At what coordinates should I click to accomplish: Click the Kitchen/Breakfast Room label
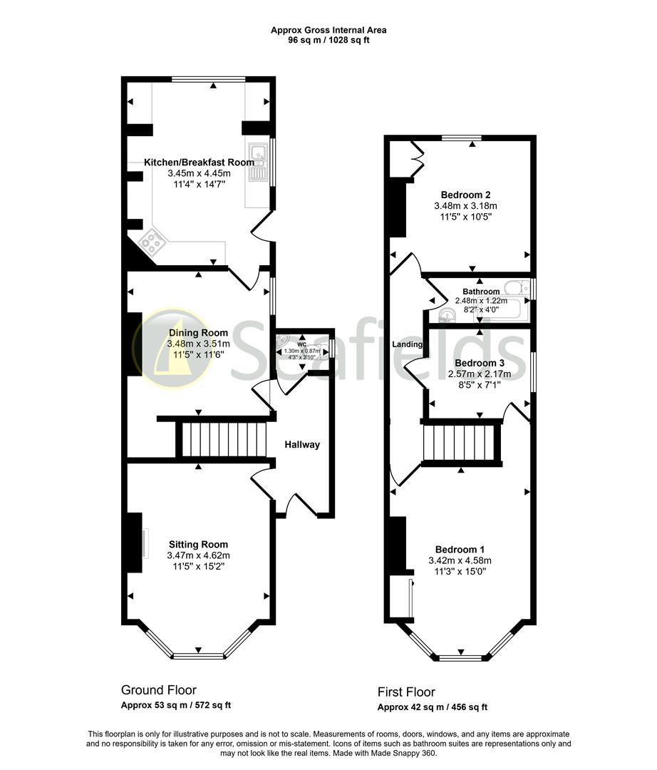pos(199,163)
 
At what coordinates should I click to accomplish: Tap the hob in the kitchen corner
pos(152,242)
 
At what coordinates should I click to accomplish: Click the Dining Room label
pos(198,333)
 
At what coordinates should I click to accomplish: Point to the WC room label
pos(302,344)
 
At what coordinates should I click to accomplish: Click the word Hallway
pos(302,445)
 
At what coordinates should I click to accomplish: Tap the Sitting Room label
pos(198,544)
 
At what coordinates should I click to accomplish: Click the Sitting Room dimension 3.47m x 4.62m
pos(198,555)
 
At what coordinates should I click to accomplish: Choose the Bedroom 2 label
pos(465,195)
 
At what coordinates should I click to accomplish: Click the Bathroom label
pos(481,292)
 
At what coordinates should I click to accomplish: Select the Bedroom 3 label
pos(475,363)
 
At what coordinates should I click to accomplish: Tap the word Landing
pos(408,345)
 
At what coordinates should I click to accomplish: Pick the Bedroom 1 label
pos(460,550)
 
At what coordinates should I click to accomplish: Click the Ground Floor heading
pos(159,690)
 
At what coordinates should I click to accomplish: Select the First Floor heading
pos(406,692)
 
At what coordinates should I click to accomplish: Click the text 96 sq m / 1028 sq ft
pos(328,41)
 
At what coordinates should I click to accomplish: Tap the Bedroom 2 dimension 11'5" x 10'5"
pos(465,216)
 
